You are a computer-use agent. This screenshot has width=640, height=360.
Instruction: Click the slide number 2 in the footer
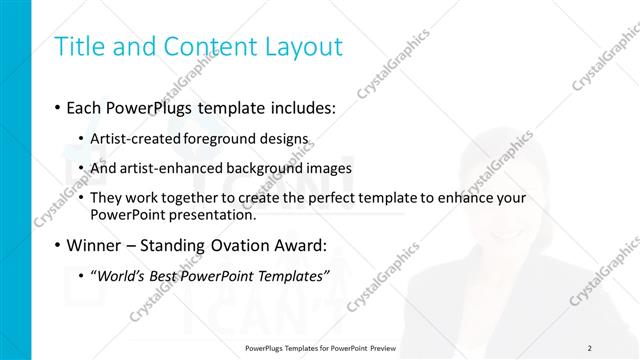pos(589,347)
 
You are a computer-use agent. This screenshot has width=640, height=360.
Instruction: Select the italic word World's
pos(120,275)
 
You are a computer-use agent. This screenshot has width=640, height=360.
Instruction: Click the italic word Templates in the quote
pos(292,275)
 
